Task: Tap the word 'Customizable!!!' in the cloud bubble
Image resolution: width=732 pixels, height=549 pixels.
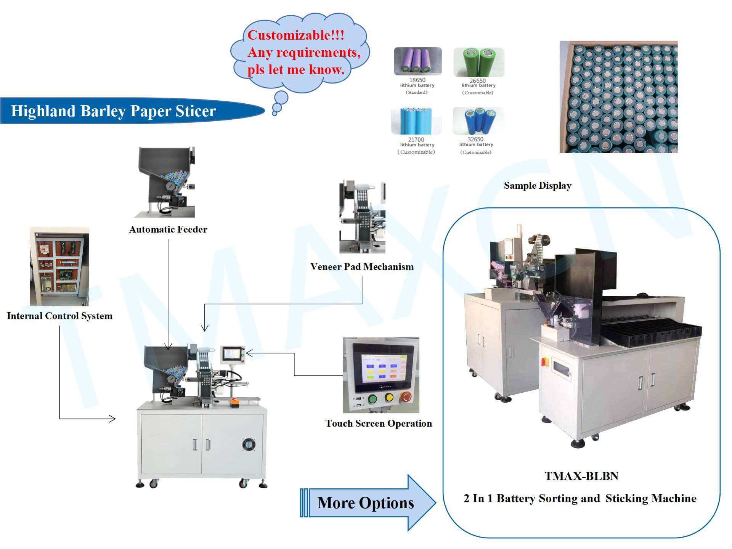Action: [296, 35]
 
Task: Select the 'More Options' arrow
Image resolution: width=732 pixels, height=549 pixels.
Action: [368, 502]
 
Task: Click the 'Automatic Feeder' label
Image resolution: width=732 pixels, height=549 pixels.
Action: [168, 229]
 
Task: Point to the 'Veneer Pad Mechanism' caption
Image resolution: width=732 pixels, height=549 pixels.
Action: [362, 266]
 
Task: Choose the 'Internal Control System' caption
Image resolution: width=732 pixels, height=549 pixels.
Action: [60, 316]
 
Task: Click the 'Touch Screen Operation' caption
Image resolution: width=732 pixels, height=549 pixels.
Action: [379, 423]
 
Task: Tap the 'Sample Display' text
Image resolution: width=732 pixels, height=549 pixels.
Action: [538, 186]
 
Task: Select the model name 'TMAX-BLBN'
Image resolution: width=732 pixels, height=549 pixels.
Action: [581, 476]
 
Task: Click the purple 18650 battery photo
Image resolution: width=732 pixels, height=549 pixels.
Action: [418, 61]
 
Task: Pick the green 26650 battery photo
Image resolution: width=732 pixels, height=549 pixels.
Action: [479, 62]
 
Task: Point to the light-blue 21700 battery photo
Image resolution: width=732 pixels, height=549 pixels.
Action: [416, 121]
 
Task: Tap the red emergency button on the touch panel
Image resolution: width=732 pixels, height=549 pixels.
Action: [406, 398]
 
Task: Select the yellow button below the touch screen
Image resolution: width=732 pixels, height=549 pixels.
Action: [389, 398]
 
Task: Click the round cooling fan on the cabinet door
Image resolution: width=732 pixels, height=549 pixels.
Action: [249, 444]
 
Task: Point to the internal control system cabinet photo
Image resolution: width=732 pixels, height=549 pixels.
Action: [59, 266]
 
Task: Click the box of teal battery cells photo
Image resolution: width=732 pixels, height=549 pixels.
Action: [618, 97]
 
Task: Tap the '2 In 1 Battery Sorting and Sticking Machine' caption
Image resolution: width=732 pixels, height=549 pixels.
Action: [580, 499]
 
